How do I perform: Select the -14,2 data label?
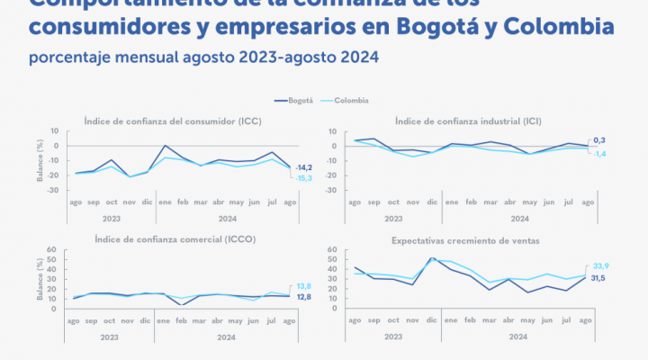304,167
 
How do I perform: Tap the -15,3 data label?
304,177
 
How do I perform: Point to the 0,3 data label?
598,141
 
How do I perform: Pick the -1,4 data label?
598,154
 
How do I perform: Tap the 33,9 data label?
598,266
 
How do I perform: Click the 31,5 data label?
598,278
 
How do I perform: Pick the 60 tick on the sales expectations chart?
331,250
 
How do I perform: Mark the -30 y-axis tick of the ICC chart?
55,190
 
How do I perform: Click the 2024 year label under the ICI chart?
520,218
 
